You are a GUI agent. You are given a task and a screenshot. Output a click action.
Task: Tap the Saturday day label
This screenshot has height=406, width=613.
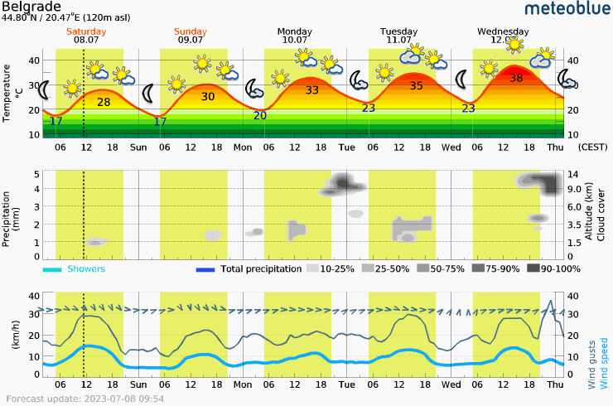coord(86,31)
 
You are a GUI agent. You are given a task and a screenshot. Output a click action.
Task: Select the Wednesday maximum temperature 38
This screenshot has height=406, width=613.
coord(516,78)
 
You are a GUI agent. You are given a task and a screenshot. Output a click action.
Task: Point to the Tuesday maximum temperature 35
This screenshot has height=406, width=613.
coord(416,85)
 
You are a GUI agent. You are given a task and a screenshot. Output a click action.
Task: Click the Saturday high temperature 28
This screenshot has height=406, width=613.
coord(104,102)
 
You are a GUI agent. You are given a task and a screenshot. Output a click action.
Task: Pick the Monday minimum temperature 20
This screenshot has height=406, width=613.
coord(259,115)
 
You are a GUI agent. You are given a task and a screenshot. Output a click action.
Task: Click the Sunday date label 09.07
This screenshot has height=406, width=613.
coord(191,39)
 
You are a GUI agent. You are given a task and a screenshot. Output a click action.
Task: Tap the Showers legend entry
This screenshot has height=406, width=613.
coord(86,269)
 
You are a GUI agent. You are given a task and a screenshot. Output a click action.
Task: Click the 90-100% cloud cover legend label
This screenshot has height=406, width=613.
coord(561,269)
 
